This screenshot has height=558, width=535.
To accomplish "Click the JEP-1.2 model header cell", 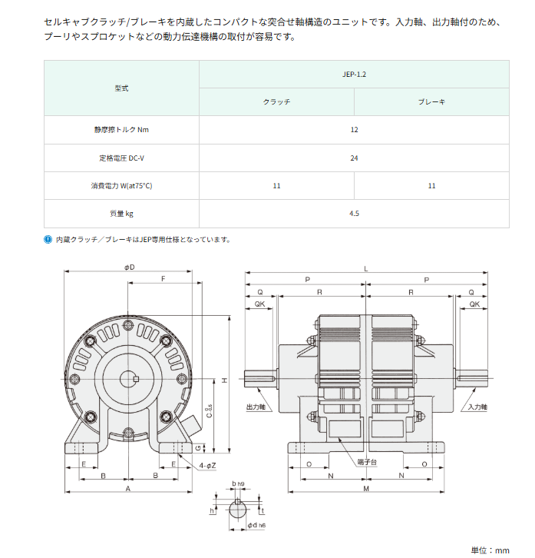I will coord(354,75).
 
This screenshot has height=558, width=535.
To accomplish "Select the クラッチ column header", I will coord(276,102).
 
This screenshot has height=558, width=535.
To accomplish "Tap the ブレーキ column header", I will coord(431,102).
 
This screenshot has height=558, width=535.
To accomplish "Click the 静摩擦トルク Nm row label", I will coord(121,130).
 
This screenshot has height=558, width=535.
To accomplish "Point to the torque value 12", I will coord(354,130).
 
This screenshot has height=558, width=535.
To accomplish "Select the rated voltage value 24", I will coord(354,158).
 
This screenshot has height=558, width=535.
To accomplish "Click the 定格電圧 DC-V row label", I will coord(121,158).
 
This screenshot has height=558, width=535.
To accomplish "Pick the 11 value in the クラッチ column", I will coord(276,186).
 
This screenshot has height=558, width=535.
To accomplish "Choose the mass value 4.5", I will coord(354,214).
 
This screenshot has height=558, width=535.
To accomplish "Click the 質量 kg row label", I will coord(121,214).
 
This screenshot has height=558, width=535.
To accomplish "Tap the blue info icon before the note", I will coord(48,240).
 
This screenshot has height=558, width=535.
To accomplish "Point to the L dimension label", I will coord(366,267).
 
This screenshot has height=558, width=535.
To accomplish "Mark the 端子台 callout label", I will coord(366,462).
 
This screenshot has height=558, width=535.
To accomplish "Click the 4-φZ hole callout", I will coord(206,466).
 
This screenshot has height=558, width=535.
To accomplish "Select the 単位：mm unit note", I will coord(490,550).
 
